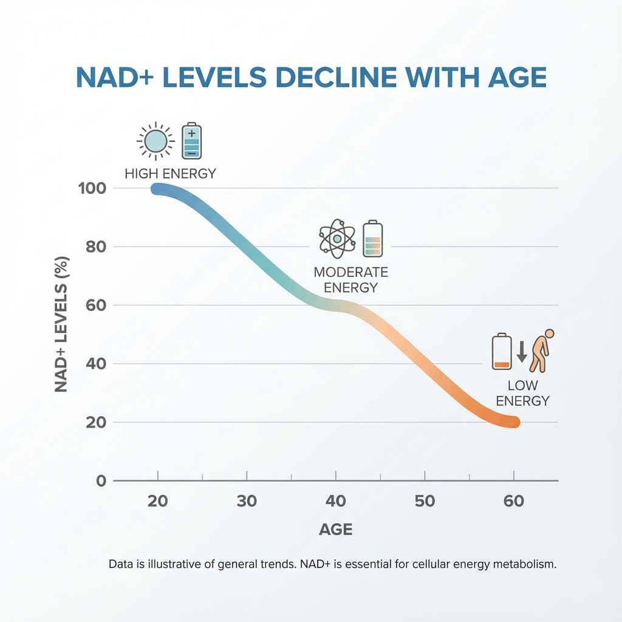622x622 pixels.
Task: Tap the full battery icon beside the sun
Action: pos(192,142)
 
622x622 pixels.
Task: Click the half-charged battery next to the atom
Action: pos(372,239)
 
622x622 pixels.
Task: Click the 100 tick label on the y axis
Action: pos(92,188)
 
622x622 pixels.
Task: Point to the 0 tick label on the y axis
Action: pos(101,481)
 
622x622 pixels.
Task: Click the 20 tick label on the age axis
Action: pos(158,502)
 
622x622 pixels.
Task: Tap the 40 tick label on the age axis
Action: pos(335,502)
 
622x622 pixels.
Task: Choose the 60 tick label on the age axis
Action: pos(513,502)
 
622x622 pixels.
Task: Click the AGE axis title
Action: pos(335,530)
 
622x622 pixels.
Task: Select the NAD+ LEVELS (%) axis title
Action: pos(61,324)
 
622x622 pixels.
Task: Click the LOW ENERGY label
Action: pos(522,394)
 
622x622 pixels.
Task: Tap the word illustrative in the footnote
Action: pos(171,564)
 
